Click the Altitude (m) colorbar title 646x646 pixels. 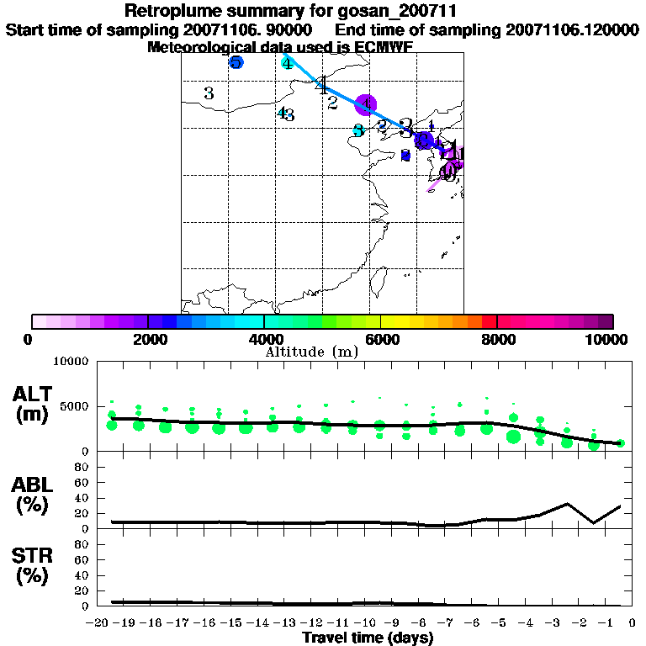point(311,352)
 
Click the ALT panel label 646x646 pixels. point(33,394)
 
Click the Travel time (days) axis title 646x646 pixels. point(368,638)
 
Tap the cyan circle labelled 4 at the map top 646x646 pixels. point(288,63)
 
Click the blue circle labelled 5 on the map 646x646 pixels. point(236,63)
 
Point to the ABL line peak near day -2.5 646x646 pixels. point(568,504)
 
